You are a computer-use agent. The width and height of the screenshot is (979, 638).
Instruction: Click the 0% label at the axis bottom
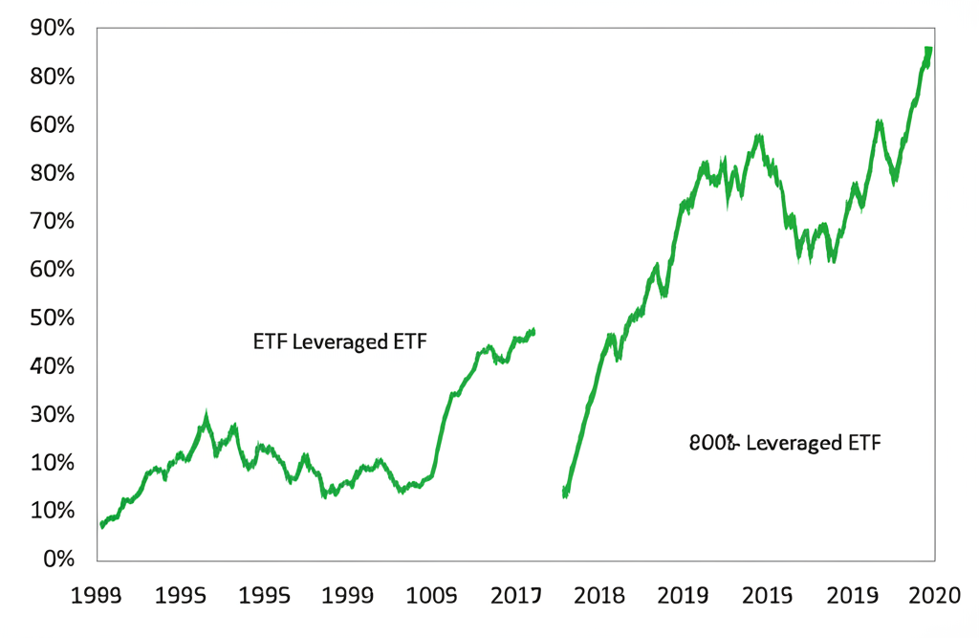(58, 560)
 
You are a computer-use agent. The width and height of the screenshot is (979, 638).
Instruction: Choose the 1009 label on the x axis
(432, 596)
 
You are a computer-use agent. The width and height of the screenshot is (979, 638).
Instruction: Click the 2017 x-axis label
(516, 596)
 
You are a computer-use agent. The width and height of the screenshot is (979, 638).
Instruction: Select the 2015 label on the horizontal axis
(767, 596)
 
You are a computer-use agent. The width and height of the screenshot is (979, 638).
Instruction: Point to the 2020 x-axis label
(933, 596)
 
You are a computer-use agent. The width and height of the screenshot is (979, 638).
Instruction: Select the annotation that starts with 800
(784, 443)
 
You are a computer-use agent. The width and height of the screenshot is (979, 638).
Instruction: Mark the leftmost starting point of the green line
(101, 524)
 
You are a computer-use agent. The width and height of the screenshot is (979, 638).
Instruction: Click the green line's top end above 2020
(928, 50)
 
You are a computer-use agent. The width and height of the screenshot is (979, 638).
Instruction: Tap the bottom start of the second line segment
(565, 494)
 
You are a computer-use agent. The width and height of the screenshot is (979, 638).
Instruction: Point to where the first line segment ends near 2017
(533, 331)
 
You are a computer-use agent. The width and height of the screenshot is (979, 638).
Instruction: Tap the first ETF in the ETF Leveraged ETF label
(268, 341)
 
